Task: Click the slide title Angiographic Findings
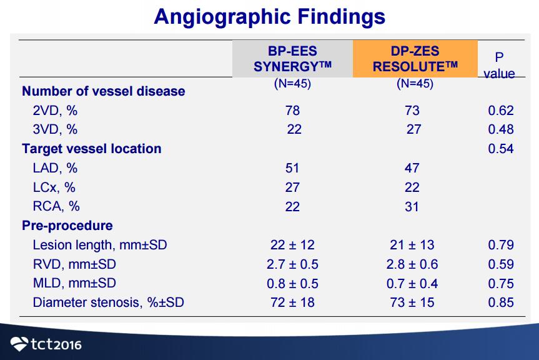coord(270,16)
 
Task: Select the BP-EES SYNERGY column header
coord(292,59)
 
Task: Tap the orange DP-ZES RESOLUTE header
coord(415,59)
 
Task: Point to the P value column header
coord(499,66)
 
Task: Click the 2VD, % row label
coord(55,111)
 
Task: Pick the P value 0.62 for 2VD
coord(501,111)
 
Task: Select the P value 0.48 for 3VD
coord(501,129)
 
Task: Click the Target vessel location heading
coord(91,149)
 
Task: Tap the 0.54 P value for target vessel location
coord(501,149)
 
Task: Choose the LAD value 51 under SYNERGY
coord(292,168)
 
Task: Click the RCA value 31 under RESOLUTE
coord(412,207)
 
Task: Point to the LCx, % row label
coord(54,187)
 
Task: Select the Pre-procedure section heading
coord(67,226)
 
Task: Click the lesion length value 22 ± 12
coord(292,245)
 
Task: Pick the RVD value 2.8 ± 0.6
coord(412,264)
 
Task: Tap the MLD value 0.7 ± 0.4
coord(412,283)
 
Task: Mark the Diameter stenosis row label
coord(108,302)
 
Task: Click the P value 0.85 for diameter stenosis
coord(501,302)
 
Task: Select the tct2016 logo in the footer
coord(46,344)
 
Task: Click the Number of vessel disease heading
coord(104,91)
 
